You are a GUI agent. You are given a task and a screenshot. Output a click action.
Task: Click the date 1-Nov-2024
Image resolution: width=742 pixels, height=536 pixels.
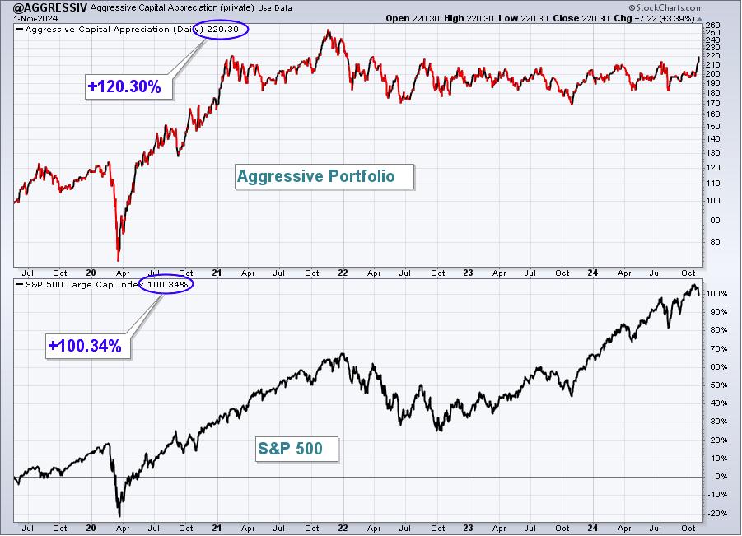[35, 18]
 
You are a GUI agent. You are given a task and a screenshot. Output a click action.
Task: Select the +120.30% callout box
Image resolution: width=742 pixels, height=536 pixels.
[128, 86]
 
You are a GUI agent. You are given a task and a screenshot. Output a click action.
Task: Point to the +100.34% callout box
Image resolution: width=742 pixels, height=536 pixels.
[88, 346]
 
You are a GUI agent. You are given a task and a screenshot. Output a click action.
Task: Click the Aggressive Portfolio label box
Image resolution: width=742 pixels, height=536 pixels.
[324, 176]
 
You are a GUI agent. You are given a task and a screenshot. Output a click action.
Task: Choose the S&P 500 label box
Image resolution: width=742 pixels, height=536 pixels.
[297, 449]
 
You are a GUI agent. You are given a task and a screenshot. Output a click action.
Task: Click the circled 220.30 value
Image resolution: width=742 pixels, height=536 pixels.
[221, 30]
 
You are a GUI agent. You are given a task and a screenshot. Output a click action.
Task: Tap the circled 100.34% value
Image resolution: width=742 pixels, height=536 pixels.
[166, 284]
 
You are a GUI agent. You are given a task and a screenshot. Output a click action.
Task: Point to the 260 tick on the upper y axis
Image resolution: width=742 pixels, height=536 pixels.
[712, 25]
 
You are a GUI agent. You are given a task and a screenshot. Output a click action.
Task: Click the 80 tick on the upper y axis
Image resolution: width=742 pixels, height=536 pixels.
[715, 242]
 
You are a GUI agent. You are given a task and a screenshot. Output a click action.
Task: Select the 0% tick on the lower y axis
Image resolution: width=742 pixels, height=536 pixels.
[715, 477]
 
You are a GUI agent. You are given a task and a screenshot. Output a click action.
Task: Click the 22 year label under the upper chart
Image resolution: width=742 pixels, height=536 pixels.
[343, 273]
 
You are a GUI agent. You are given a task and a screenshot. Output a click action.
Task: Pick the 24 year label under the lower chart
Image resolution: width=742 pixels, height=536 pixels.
[592, 528]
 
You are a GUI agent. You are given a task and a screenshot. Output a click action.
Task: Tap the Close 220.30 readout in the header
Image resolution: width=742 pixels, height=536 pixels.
[581, 18]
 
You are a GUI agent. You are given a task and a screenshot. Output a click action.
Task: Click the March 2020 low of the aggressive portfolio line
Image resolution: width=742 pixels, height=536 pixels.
[118, 261]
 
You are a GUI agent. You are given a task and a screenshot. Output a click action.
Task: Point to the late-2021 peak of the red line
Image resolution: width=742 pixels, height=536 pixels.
[329, 30]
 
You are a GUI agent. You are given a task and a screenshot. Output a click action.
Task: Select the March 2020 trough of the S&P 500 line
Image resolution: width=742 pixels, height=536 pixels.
[119, 516]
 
